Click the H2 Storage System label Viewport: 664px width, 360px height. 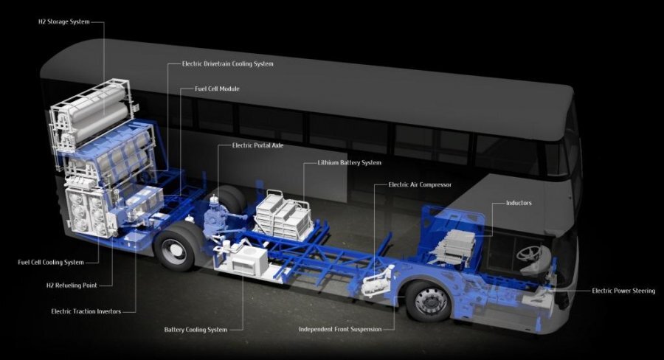63,22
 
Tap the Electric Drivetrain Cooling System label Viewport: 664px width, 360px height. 227,64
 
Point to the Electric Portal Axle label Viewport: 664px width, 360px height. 257,145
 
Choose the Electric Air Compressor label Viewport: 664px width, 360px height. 420,184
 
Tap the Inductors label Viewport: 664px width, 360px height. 519,202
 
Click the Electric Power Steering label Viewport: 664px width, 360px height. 623,291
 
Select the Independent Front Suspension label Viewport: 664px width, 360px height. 340,329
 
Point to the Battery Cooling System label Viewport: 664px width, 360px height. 196,329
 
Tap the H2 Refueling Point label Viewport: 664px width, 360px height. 67,285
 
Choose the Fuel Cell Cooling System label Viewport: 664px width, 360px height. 50,262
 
